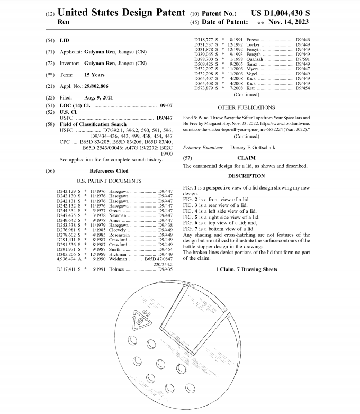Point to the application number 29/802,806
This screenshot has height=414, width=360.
(x=97, y=86)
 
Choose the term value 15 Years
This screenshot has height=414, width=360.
(x=94, y=75)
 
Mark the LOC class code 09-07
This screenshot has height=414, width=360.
(x=166, y=106)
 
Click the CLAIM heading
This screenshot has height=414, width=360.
(x=246, y=158)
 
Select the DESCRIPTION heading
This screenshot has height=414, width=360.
(x=246, y=176)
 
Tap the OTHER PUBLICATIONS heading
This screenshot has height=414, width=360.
(x=246, y=107)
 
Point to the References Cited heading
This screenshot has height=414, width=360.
(x=109, y=171)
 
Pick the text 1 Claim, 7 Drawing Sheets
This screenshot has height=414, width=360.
(x=246, y=269)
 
